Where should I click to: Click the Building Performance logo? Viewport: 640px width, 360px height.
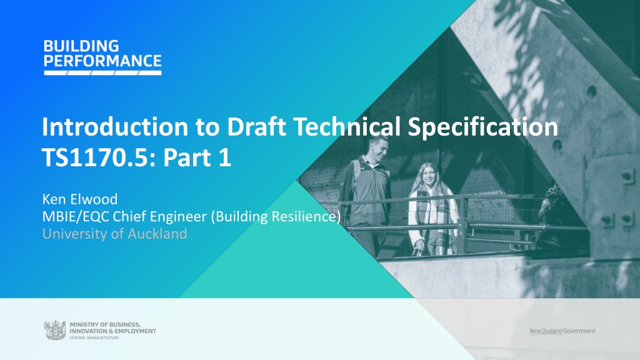[102, 57]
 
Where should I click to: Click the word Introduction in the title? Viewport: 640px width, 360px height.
[115, 126]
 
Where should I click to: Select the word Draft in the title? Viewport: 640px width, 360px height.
[256, 126]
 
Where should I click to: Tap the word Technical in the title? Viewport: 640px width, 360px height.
[347, 126]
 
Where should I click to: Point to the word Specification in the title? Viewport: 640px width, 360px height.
[483, 127]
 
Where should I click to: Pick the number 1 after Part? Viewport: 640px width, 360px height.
[224, 157]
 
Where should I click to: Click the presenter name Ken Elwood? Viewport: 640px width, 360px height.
[80, 199]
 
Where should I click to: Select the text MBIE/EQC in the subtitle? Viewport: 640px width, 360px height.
[76, 216]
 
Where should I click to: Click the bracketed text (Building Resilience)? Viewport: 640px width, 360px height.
[276, 217]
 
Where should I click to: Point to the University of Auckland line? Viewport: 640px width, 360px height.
[115, 234]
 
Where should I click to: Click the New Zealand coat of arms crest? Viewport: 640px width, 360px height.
[55, 330]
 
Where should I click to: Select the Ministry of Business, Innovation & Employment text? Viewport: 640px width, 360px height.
[112, 327]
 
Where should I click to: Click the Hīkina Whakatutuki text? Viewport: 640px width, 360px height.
[94, 338]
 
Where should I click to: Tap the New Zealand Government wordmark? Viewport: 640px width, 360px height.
[562, 331]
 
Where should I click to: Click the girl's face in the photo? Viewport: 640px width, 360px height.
[429, 176]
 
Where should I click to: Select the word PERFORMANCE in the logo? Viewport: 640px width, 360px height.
[102, 61]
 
